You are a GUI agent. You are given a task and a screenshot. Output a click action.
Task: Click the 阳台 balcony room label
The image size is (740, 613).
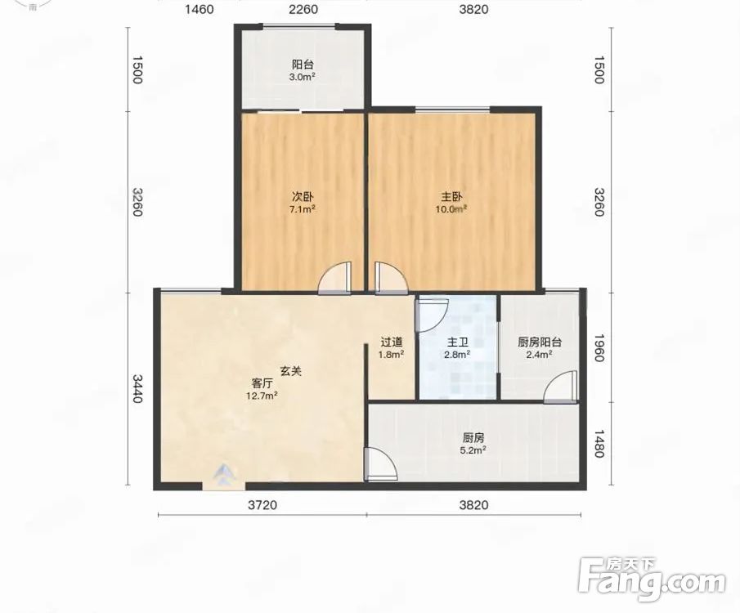[303, 65]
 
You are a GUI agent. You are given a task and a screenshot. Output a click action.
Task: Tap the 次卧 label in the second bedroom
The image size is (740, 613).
[303, 196]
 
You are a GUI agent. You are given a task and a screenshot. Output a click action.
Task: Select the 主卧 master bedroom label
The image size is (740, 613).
[451, 196]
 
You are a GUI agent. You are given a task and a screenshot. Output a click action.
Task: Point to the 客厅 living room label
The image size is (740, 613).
[262, 383]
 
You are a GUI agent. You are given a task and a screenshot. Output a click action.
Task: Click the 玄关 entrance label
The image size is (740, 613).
[291, 371]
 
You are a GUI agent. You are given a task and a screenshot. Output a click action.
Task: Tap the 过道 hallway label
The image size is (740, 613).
[391, 342]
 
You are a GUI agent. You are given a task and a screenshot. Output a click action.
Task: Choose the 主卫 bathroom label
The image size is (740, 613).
[457, 342]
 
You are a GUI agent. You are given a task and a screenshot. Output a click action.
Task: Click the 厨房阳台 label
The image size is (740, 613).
[540, 342]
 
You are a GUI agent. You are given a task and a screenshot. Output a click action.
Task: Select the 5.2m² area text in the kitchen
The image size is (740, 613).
[473, 450]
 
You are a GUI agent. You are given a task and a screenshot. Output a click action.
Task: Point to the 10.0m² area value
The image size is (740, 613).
[451, 208]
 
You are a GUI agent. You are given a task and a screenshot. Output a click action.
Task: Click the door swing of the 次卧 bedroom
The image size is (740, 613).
[335, 279]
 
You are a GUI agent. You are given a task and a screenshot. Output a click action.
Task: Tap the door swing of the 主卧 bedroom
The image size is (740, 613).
[391, 279]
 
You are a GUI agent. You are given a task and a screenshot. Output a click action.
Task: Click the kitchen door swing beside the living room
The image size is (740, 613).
[381, 464]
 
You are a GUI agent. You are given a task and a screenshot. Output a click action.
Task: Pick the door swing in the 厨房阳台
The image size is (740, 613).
[561, 387]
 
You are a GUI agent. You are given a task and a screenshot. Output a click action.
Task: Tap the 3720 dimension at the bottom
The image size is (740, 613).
[262, 505]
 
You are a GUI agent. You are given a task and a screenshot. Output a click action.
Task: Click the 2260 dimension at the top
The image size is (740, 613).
[303, 9]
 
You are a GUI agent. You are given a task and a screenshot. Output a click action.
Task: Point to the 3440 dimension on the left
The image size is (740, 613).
[137, 389]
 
